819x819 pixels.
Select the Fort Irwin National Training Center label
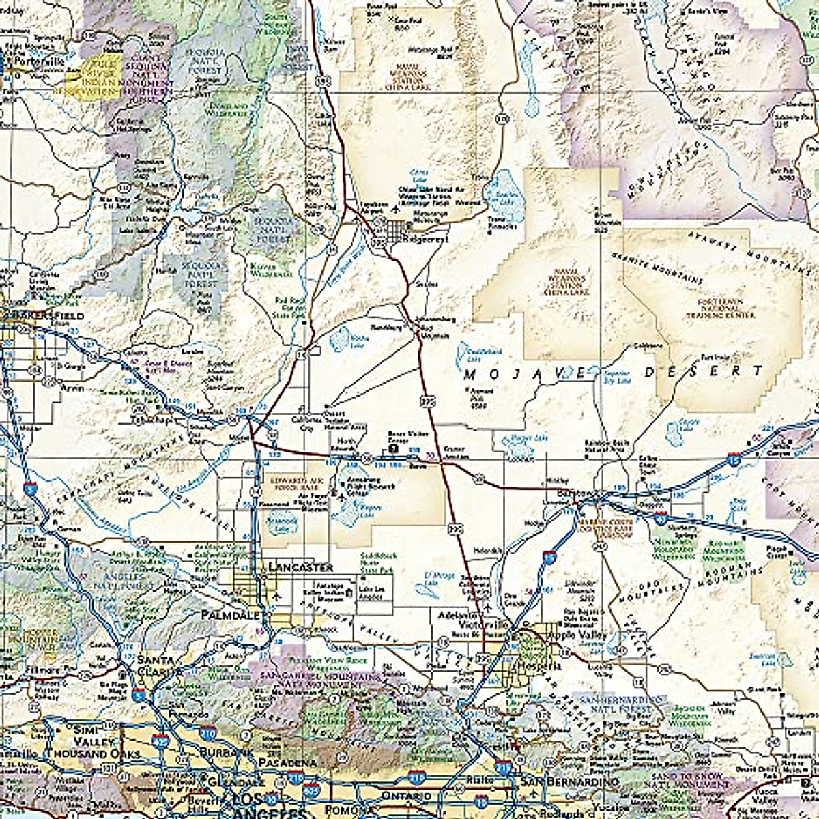pos(725,308)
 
